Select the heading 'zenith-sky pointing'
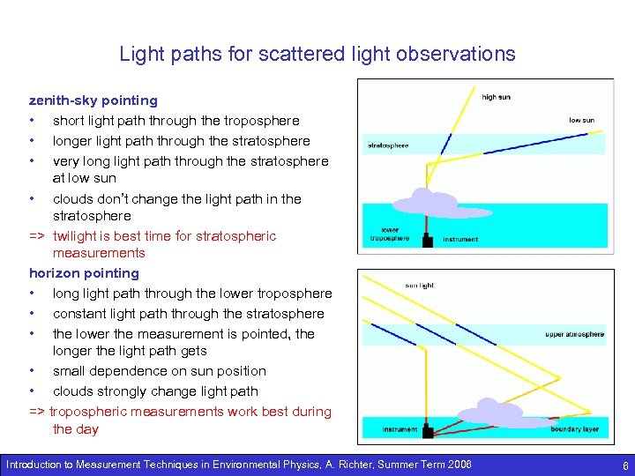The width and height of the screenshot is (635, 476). tap(93, 100)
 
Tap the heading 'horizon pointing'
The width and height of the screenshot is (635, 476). tap(84, 273)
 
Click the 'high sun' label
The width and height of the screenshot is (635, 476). tap(496, 97)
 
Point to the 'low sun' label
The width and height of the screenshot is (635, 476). tap(581, 120)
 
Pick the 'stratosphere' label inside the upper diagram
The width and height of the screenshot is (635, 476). tap(388, 145)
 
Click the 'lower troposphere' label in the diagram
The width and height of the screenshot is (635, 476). tap(384, 234)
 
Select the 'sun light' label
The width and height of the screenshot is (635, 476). tap(419, 286)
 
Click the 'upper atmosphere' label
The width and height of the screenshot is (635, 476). tap(574, 335)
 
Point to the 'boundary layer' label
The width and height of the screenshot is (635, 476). tap(574, 429)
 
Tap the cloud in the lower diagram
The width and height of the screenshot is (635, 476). tap(491, 411)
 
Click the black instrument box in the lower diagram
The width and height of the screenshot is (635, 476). tap(428, 431)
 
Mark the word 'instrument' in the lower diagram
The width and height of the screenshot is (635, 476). tap(400, 429)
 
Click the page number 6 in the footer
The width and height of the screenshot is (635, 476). tap(624, 465)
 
